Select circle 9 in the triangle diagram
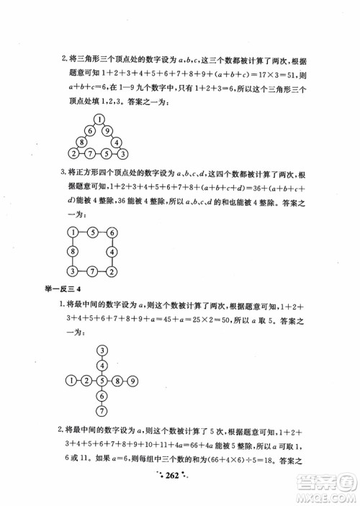[x=107, y=131]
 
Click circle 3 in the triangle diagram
[x=123, y=153]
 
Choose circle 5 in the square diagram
[x=92, y=232]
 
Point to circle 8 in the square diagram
[x=73, y=251]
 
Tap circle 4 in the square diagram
[x=112, y=251]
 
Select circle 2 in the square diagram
[x=112, y=271]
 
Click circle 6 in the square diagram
[x=112, y=232]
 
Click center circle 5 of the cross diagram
[x=103, y=380]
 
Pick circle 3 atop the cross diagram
[x=103, y=350]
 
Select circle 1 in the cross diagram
[x=71, y=380]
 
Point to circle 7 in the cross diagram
[x=103, y=410]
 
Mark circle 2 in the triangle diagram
[x=73, y=153]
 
